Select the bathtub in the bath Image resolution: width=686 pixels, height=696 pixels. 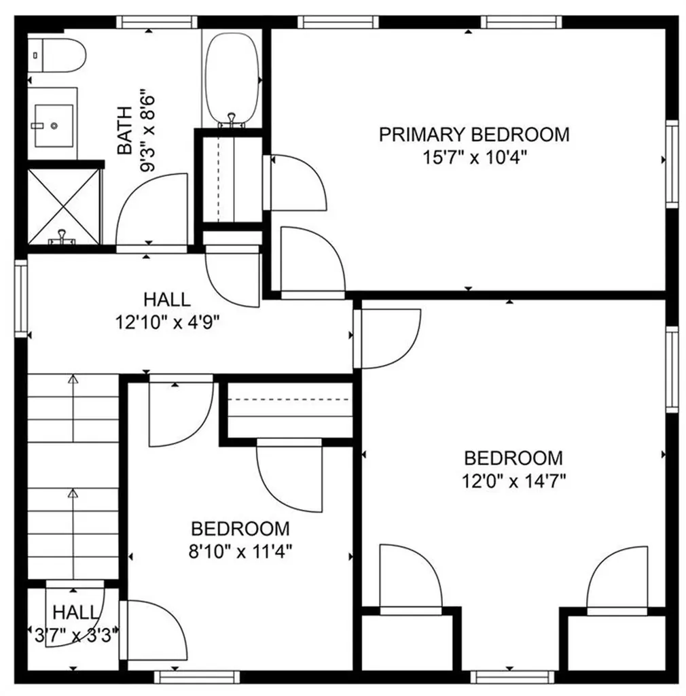tap(232, 78)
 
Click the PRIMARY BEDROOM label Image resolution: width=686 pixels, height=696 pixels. tap(473, 134)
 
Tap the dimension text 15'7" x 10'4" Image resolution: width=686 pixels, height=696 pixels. tap(475, 158)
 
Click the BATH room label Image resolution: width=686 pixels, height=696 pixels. tap(125, 130)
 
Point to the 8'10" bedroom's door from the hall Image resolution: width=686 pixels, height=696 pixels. tap(179, 413)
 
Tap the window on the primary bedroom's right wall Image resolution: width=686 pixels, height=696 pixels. tap(671, 163)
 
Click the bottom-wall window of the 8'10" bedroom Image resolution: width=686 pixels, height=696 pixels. tap(197, 676)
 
